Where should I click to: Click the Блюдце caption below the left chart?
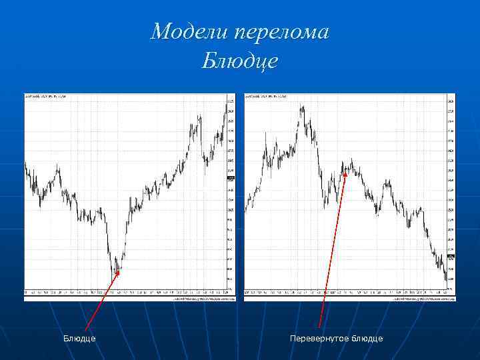coord(79,339)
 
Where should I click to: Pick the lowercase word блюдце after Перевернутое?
coord(366,339)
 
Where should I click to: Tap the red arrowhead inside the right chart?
coord(345,175)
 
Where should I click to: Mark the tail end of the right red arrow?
coord(320,327)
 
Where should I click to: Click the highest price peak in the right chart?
coord(302,105)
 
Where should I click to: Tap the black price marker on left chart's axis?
coord(231,178)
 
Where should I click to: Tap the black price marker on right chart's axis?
coord(451,257)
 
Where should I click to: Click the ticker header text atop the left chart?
coord(46,97)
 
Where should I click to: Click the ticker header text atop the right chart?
coord(267,97)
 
